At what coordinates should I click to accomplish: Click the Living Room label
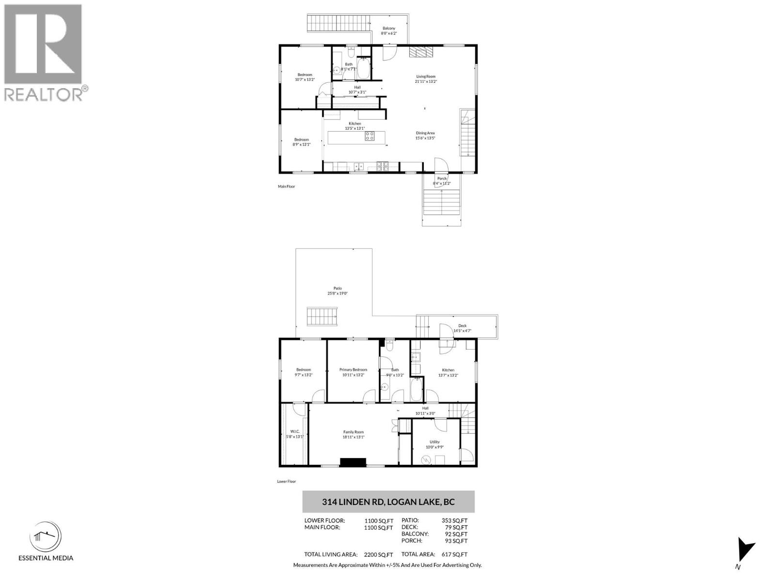pyautogui.click(x=426, y=76)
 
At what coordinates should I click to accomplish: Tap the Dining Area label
pyautogui.click(x=425, y=133)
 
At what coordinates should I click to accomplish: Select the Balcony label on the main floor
pyautogui.click(x=388, y=29)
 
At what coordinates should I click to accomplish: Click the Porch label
pyautogui.click(x=442, y=179)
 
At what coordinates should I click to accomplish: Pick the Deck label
pyautogui.click(x=462, y=326)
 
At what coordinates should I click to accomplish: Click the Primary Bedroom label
pyautogui.click(x=353, y=370)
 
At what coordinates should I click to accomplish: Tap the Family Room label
pyautogui.click(x=353, y=432)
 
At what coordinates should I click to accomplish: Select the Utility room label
pyautogui.click(x=434, y=442)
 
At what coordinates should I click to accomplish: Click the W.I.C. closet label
pyautogui.click(x=295, y=432)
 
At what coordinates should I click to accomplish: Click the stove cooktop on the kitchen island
pyautogui.click(x=370, y=136)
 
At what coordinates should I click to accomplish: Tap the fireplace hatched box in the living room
pyautogui.click(x=419, y=52)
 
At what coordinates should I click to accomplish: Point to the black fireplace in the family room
pyautogui.click(x=353, y=462)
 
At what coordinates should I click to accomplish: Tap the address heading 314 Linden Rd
pyautogui.click(x=388, y=502)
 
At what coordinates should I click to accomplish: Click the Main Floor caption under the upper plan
pyautogui.click(x=286, y=186)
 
